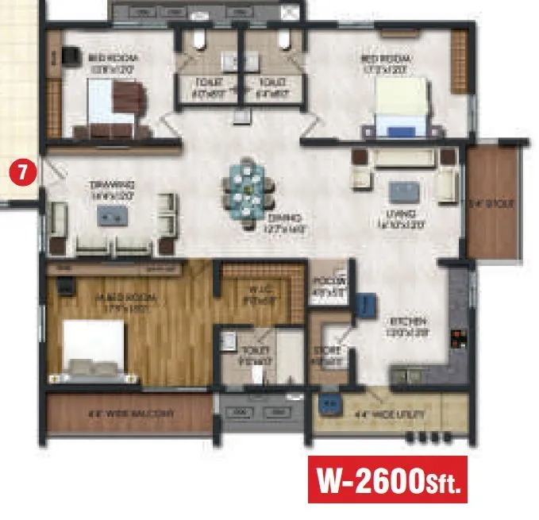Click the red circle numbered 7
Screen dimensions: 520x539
(x=21, y=171)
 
